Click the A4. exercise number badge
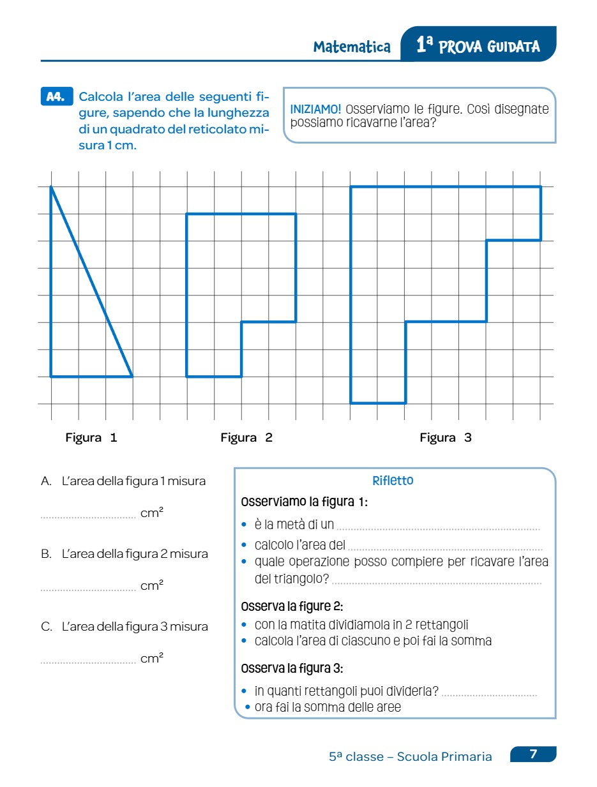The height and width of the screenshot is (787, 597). coord(56,97)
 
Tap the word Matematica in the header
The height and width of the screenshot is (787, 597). coord(352,47)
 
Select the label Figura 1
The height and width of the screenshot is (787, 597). coord(91,438)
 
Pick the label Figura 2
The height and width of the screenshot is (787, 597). coord(246,438)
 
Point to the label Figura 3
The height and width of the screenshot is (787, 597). coord(446,438)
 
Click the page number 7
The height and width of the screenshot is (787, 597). coord(534,754)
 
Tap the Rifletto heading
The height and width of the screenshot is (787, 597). coord(393,481)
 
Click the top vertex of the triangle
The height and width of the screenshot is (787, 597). coord(51,186)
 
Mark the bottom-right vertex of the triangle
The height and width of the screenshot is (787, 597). coord(132,377)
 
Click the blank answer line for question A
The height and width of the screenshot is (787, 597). coord(88,517)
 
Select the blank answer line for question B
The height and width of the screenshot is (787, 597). coord(88,590)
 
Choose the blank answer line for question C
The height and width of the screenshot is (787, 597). coord(88,663)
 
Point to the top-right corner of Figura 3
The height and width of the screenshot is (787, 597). coord(541,186)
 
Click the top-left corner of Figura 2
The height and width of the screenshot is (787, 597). coord(186,214)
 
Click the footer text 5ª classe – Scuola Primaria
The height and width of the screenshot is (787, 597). coord(411,756)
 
